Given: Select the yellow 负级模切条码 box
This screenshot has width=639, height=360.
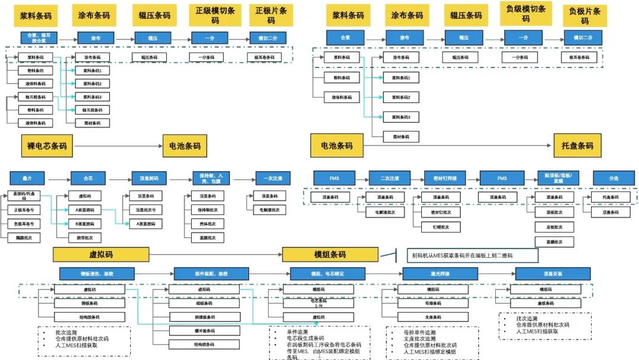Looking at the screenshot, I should [525, 14].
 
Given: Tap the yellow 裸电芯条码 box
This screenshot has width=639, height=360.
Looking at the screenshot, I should [47, 146].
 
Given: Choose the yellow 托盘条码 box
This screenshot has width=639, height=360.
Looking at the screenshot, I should [573, 146].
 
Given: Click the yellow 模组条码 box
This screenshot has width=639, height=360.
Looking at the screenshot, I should [330, 255].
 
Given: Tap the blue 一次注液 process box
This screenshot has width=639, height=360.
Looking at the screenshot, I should [273, 178].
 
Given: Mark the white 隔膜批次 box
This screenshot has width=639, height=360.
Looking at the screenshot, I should [24, 237].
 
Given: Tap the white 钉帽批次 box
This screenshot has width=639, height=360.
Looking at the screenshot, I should [440, 227].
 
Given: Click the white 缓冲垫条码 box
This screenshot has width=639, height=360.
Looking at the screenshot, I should [188, 330].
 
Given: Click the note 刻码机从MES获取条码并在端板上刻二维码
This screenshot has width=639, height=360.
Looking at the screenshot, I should [473, 255].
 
